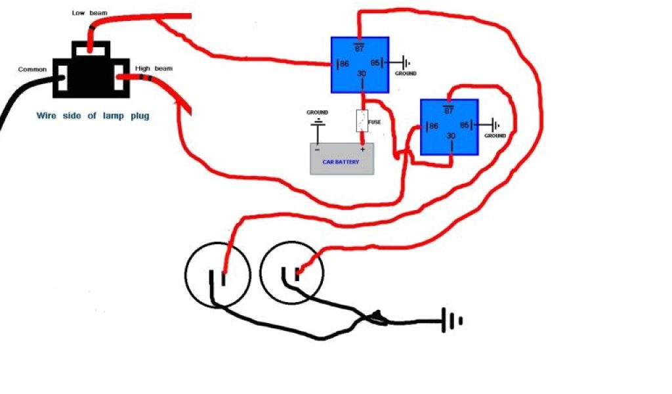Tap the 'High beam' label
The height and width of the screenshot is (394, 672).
(x=154, y=68)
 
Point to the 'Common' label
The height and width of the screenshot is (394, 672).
(x=31, y=70)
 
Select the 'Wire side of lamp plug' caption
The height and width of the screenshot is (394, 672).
(x=93, y=116)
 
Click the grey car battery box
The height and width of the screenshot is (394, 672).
(x=341, y=158)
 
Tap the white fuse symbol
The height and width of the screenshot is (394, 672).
(x=361, y=121)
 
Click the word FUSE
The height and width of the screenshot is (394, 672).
(x=375, y=121)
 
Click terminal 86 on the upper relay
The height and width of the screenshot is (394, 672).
(x=343, y=64)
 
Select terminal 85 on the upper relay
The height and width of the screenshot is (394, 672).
(x=375, y=64)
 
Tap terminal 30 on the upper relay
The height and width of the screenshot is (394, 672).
(x=360, y=74)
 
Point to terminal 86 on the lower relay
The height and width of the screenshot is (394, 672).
(x=432, y=125)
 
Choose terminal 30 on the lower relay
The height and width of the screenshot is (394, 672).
(x=450, y=136)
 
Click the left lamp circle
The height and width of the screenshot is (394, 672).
(x=217, y=274)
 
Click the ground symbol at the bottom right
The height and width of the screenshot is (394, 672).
(x=452, y=320)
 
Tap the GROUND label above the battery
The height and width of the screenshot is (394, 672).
(x=317, y=112)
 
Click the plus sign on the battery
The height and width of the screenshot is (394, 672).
(x=362, y=149)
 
